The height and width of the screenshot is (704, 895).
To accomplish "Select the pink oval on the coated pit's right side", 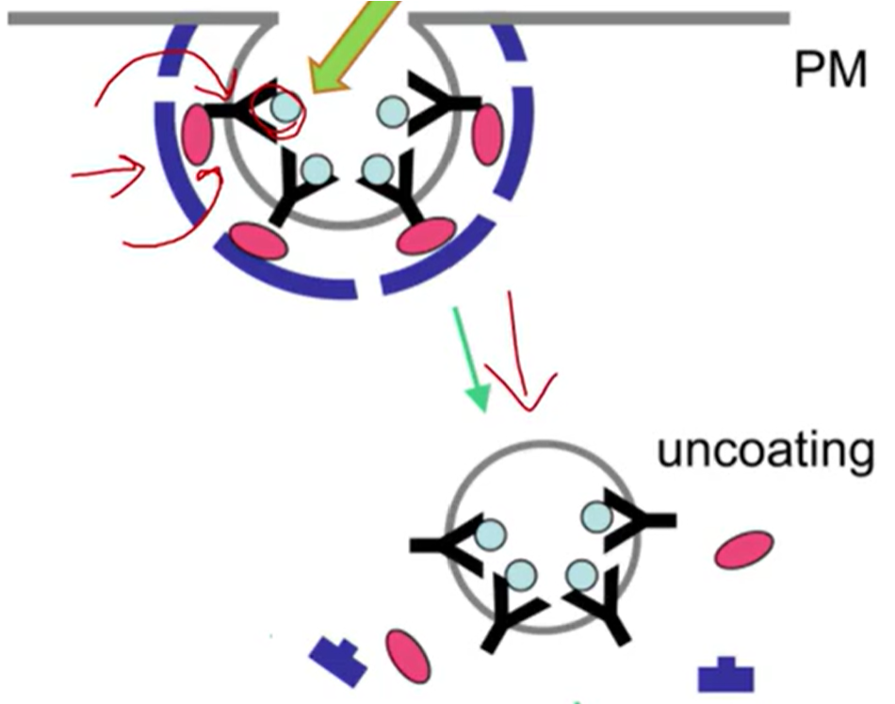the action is (x=487, y=135).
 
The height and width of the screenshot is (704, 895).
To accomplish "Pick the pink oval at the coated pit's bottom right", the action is (x=426, y=235).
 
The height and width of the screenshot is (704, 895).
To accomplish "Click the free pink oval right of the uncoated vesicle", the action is (x=744, y=550).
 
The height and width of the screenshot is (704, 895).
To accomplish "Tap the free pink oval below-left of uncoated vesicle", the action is (x=406, y=655).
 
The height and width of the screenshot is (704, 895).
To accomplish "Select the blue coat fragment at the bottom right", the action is (x=725, y=675).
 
